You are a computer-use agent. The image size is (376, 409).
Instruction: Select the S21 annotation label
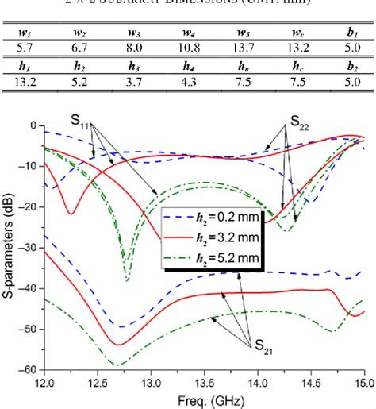point(263,347)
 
